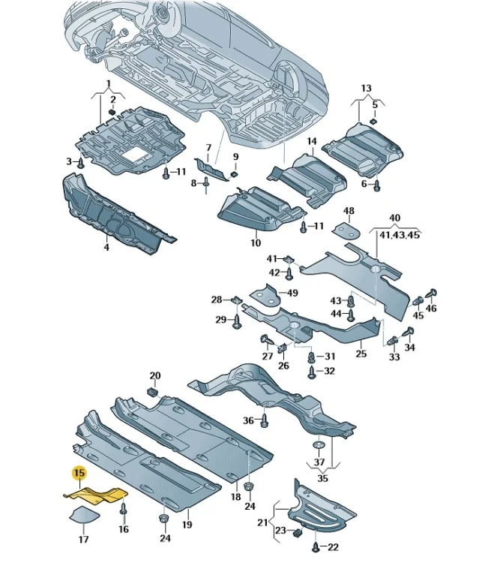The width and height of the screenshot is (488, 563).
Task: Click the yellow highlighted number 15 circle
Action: (x=79, y=472)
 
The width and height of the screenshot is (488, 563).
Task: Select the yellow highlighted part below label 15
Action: (x=96, y=495)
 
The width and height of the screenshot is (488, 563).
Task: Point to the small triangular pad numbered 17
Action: (x=84, y=513)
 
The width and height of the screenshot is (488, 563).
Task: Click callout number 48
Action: (x=349, y=211)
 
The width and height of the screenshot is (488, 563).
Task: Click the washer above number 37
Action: (x=319, y=446)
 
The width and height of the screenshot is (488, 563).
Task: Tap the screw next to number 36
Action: (x=265, y=420)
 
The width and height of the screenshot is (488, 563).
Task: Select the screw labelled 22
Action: (x=316, y=546)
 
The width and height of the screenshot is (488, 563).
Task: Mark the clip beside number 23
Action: (x=298, y=532)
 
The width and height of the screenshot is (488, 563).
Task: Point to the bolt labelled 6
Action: (x=376, y=185)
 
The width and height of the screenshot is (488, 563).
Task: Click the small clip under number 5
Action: (x=373, y=121)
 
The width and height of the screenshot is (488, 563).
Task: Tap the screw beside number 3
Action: (x=81, y=164)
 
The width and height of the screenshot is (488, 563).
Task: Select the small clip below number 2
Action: (x=112, y=112)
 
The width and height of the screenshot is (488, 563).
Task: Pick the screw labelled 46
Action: (x=430, y=294)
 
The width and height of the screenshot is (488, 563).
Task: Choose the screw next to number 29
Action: (x=237, y=321)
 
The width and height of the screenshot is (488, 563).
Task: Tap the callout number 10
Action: (x=256, y=242)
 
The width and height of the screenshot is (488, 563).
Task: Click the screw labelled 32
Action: (x=311, y=372)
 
